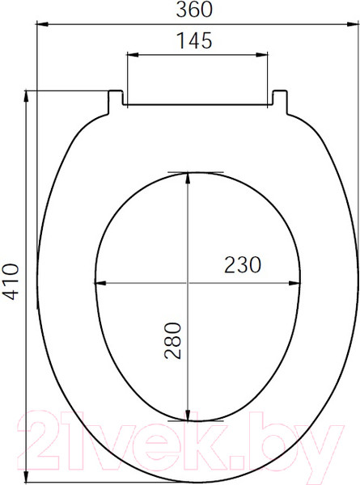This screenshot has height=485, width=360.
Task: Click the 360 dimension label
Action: tap(194, 9)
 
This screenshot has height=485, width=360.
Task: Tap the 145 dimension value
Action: tap(194, 40)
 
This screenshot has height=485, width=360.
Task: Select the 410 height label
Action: tap(13, 281)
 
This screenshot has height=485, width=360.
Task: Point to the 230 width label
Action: tap(243, 265)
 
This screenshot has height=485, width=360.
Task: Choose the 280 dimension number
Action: tap(173, 340)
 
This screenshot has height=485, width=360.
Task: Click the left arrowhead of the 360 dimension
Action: tap(42, 23)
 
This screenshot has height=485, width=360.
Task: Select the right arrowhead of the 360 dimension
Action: tap(353, 23)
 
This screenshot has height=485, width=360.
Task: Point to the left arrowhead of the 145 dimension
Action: tap(133, 55)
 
